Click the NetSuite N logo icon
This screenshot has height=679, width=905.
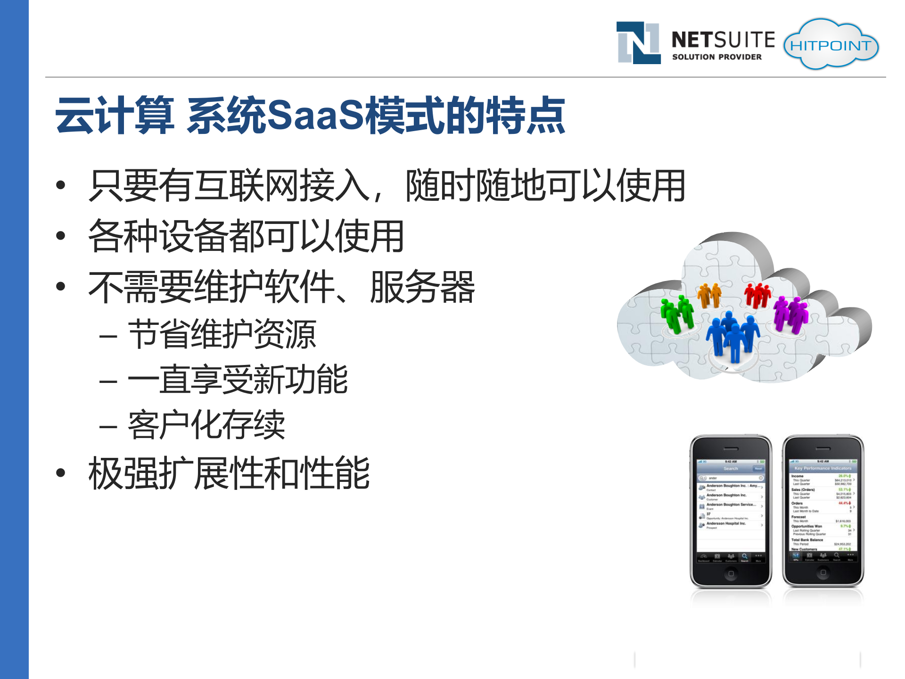tap(638, 42)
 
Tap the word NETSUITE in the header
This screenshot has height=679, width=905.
tap(723, 40)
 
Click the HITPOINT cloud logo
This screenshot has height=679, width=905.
tap(831, 45)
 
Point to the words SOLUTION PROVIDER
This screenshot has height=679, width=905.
tap(716, 57)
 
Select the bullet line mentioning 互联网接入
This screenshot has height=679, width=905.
tap(387, 186)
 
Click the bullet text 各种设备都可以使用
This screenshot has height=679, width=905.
tap(246, 236)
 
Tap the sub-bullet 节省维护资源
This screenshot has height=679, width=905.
tap(222, 334)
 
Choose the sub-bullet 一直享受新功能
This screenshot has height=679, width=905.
tap(238, 380)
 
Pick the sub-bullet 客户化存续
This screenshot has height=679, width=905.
tap(206, 425)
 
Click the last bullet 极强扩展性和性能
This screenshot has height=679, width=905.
tap(229, 473)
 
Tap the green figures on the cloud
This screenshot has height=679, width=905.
tap(677, 313)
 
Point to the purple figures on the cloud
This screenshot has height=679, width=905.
tap(791, 313)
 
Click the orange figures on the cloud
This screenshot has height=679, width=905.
tap(709, 295)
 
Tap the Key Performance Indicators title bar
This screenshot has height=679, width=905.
tap(823, 468)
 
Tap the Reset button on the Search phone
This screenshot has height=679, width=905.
tap(758, 469)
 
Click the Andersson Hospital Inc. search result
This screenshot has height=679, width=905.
tap(726, 523)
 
